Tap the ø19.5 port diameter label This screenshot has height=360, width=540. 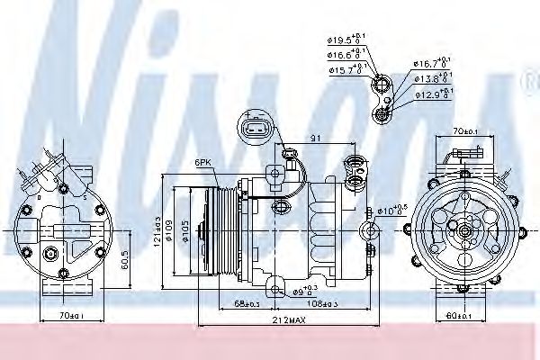[345, 40]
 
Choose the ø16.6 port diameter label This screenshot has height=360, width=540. [345, 55]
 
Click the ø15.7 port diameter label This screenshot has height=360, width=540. [345, 70]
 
